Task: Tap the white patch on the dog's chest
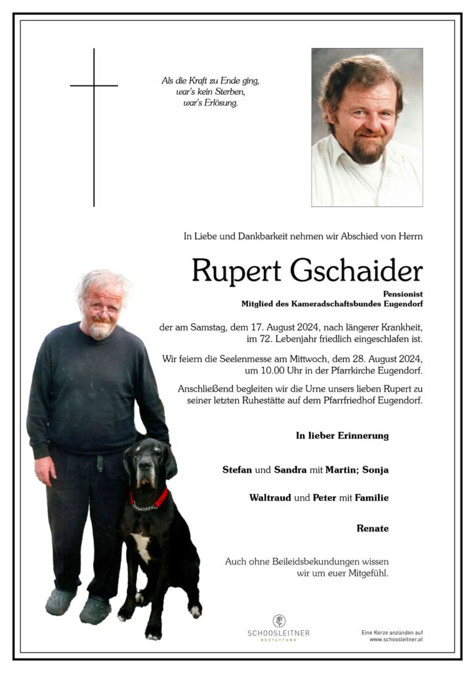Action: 141,545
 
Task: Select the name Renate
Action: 373,528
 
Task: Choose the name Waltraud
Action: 270,498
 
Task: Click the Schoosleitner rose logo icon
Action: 279,620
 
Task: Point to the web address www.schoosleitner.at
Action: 396,639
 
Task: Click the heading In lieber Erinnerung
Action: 342,435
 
